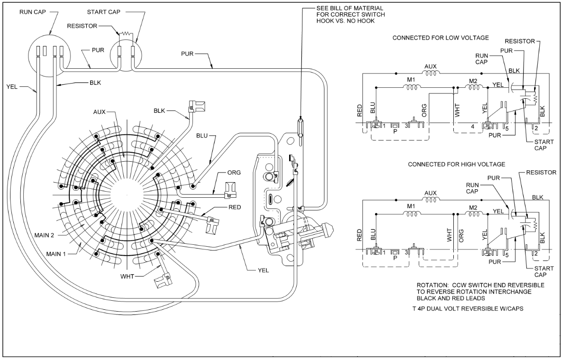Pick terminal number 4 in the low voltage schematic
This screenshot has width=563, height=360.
tap(472, 127)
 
